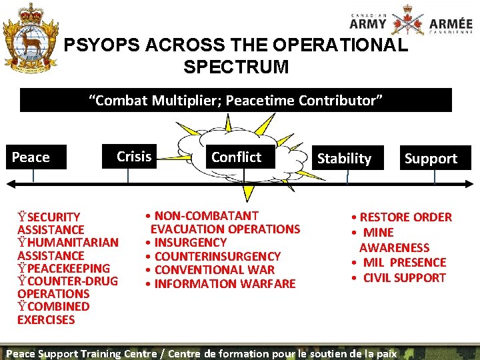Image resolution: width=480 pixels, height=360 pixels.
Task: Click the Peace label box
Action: (x=37, y=157)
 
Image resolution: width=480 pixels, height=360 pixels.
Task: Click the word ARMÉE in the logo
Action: (x=451, y=24)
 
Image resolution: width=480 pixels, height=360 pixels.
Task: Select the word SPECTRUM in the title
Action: (x=235, y=67)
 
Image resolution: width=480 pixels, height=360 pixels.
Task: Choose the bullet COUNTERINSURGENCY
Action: (x=217, y=256)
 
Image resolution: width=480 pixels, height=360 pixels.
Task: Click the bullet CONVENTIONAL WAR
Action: (x=214, y=270)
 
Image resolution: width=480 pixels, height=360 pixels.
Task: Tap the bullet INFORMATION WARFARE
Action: (x=225, y=284)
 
